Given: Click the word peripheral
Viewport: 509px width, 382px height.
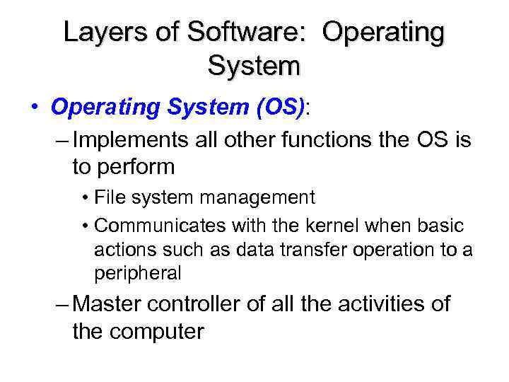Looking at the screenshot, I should click(x=137, y=272).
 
